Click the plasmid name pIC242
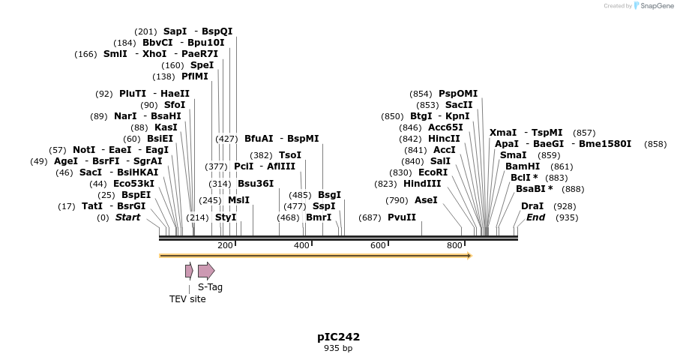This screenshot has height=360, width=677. click(338, 337)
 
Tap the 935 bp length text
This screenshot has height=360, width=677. click(338, 349)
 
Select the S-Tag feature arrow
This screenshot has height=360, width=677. click(206, 271)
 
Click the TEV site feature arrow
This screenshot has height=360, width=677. click(189, 271)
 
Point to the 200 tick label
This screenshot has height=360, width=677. click(225, 246)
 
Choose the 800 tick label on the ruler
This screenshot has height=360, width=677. click(454, 246)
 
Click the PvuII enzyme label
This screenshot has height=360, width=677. click(402, 217)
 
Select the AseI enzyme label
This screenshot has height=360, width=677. click(426, 200)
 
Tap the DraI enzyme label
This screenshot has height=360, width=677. click(532, 206)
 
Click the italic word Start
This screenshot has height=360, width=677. click(127, 217)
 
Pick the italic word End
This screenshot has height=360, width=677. click(535, 217)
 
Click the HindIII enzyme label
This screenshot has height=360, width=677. click(422, 184)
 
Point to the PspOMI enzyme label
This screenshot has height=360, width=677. click(457, 94)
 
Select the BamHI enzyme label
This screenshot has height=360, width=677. click(523, 166)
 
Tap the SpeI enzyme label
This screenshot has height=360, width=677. click(202, 65)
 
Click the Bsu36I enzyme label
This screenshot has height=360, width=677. click(256, 184)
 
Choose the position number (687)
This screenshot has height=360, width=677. click(370, 217)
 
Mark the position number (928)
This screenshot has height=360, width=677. click(565, 206)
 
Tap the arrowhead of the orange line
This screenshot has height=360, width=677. click(469, 256)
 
